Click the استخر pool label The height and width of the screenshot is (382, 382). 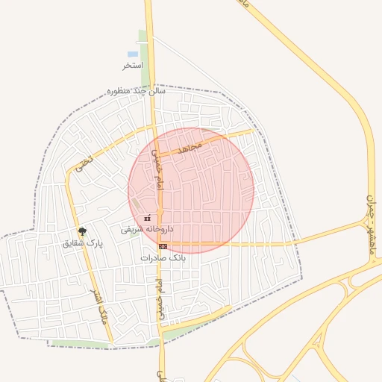132,66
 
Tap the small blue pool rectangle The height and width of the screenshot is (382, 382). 133,54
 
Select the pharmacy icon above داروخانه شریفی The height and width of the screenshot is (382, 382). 147,218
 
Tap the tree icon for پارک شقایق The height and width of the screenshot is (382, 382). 82,231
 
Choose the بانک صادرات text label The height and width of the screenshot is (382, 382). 162,257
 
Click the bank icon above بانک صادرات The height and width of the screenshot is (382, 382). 163,245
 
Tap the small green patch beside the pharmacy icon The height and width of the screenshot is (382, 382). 137,204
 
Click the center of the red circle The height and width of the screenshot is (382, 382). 191,190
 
